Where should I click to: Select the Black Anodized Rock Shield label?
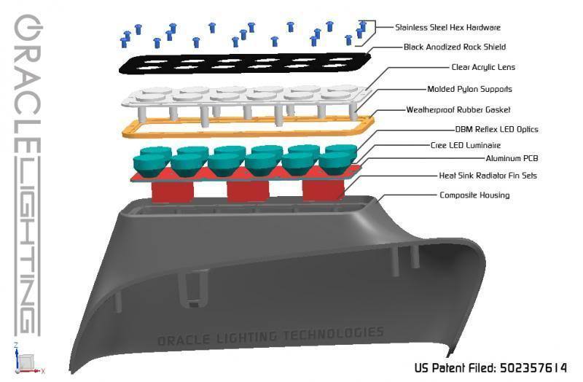coord(455,47)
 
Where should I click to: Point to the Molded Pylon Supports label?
coord(469,90)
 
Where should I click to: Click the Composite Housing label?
coord(474,195)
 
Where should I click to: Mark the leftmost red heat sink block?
coord(172,191)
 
